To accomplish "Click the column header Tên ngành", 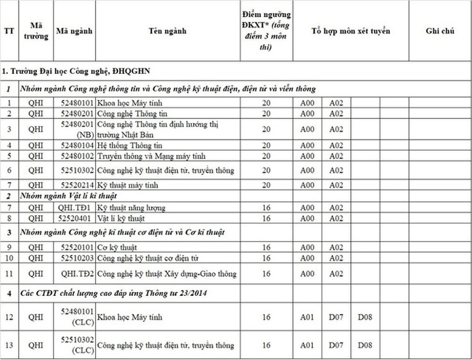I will coord(168,31).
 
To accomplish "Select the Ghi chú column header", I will coord(439,31).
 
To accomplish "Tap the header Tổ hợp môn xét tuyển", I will coord(351,31).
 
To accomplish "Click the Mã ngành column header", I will coord(74,31).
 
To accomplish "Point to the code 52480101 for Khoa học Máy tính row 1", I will coord(77,102).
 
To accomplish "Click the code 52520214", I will coord(77,185).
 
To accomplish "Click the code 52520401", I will coord(77,218).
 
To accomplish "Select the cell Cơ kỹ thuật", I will coord(117,247).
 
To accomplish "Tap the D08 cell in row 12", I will coord(365,316).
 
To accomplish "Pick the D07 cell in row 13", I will coord(336,345).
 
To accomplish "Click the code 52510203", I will coord(77,258).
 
